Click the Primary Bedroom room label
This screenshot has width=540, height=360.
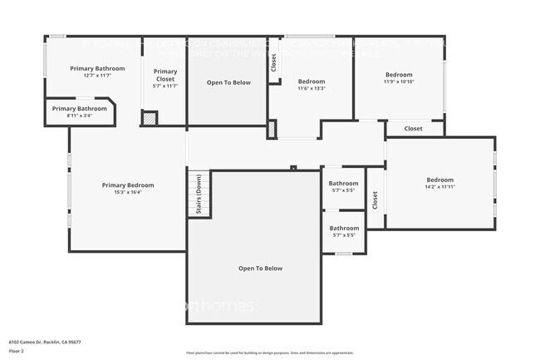point(128,185)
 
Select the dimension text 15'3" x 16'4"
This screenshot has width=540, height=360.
point(128,193)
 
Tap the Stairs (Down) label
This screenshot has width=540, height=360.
point(199,195)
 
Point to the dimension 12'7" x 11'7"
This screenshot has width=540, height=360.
point(97,76)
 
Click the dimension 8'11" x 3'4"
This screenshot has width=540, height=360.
point(80,116)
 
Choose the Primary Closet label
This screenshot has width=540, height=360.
point(165,76)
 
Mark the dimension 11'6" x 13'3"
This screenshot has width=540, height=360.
point(312,88)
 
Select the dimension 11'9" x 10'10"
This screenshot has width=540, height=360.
point(399,81)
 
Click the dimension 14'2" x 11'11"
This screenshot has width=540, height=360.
point(439,187)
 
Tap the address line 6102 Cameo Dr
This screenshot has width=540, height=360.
point(45,342)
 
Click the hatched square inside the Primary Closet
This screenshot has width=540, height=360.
point(150,118)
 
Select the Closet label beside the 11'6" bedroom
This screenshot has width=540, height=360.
point(272,63)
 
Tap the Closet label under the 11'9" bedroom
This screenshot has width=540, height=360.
point(413,129)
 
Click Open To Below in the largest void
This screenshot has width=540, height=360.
point(260,269)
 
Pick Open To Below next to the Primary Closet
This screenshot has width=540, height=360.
point(228,82)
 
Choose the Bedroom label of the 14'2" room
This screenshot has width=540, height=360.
point(439,180)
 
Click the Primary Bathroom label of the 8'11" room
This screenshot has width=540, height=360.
point(80,109)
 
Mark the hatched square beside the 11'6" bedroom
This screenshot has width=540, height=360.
point(272,130)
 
